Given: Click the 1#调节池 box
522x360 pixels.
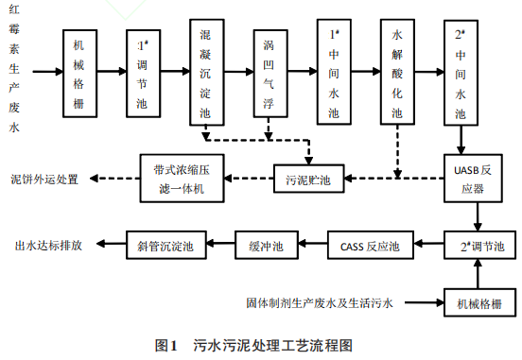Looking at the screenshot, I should coord(144,72).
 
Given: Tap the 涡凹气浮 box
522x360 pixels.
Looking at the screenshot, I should coord(270,72).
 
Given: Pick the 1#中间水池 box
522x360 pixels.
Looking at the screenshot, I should coord(333,72).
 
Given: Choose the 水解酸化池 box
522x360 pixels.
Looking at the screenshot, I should coord(397,71).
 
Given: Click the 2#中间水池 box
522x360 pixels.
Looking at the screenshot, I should coord(461,72).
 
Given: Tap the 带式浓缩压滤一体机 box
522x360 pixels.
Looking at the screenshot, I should coord(185,177).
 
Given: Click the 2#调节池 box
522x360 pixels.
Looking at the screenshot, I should coord(478,246).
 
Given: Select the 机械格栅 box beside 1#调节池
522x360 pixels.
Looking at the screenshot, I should coord(80,72).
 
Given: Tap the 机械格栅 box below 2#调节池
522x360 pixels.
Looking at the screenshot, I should coord(478,303).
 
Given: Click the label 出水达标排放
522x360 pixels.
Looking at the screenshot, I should coord(48,246).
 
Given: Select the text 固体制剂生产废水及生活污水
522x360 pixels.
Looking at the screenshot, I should coord(319,303).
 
